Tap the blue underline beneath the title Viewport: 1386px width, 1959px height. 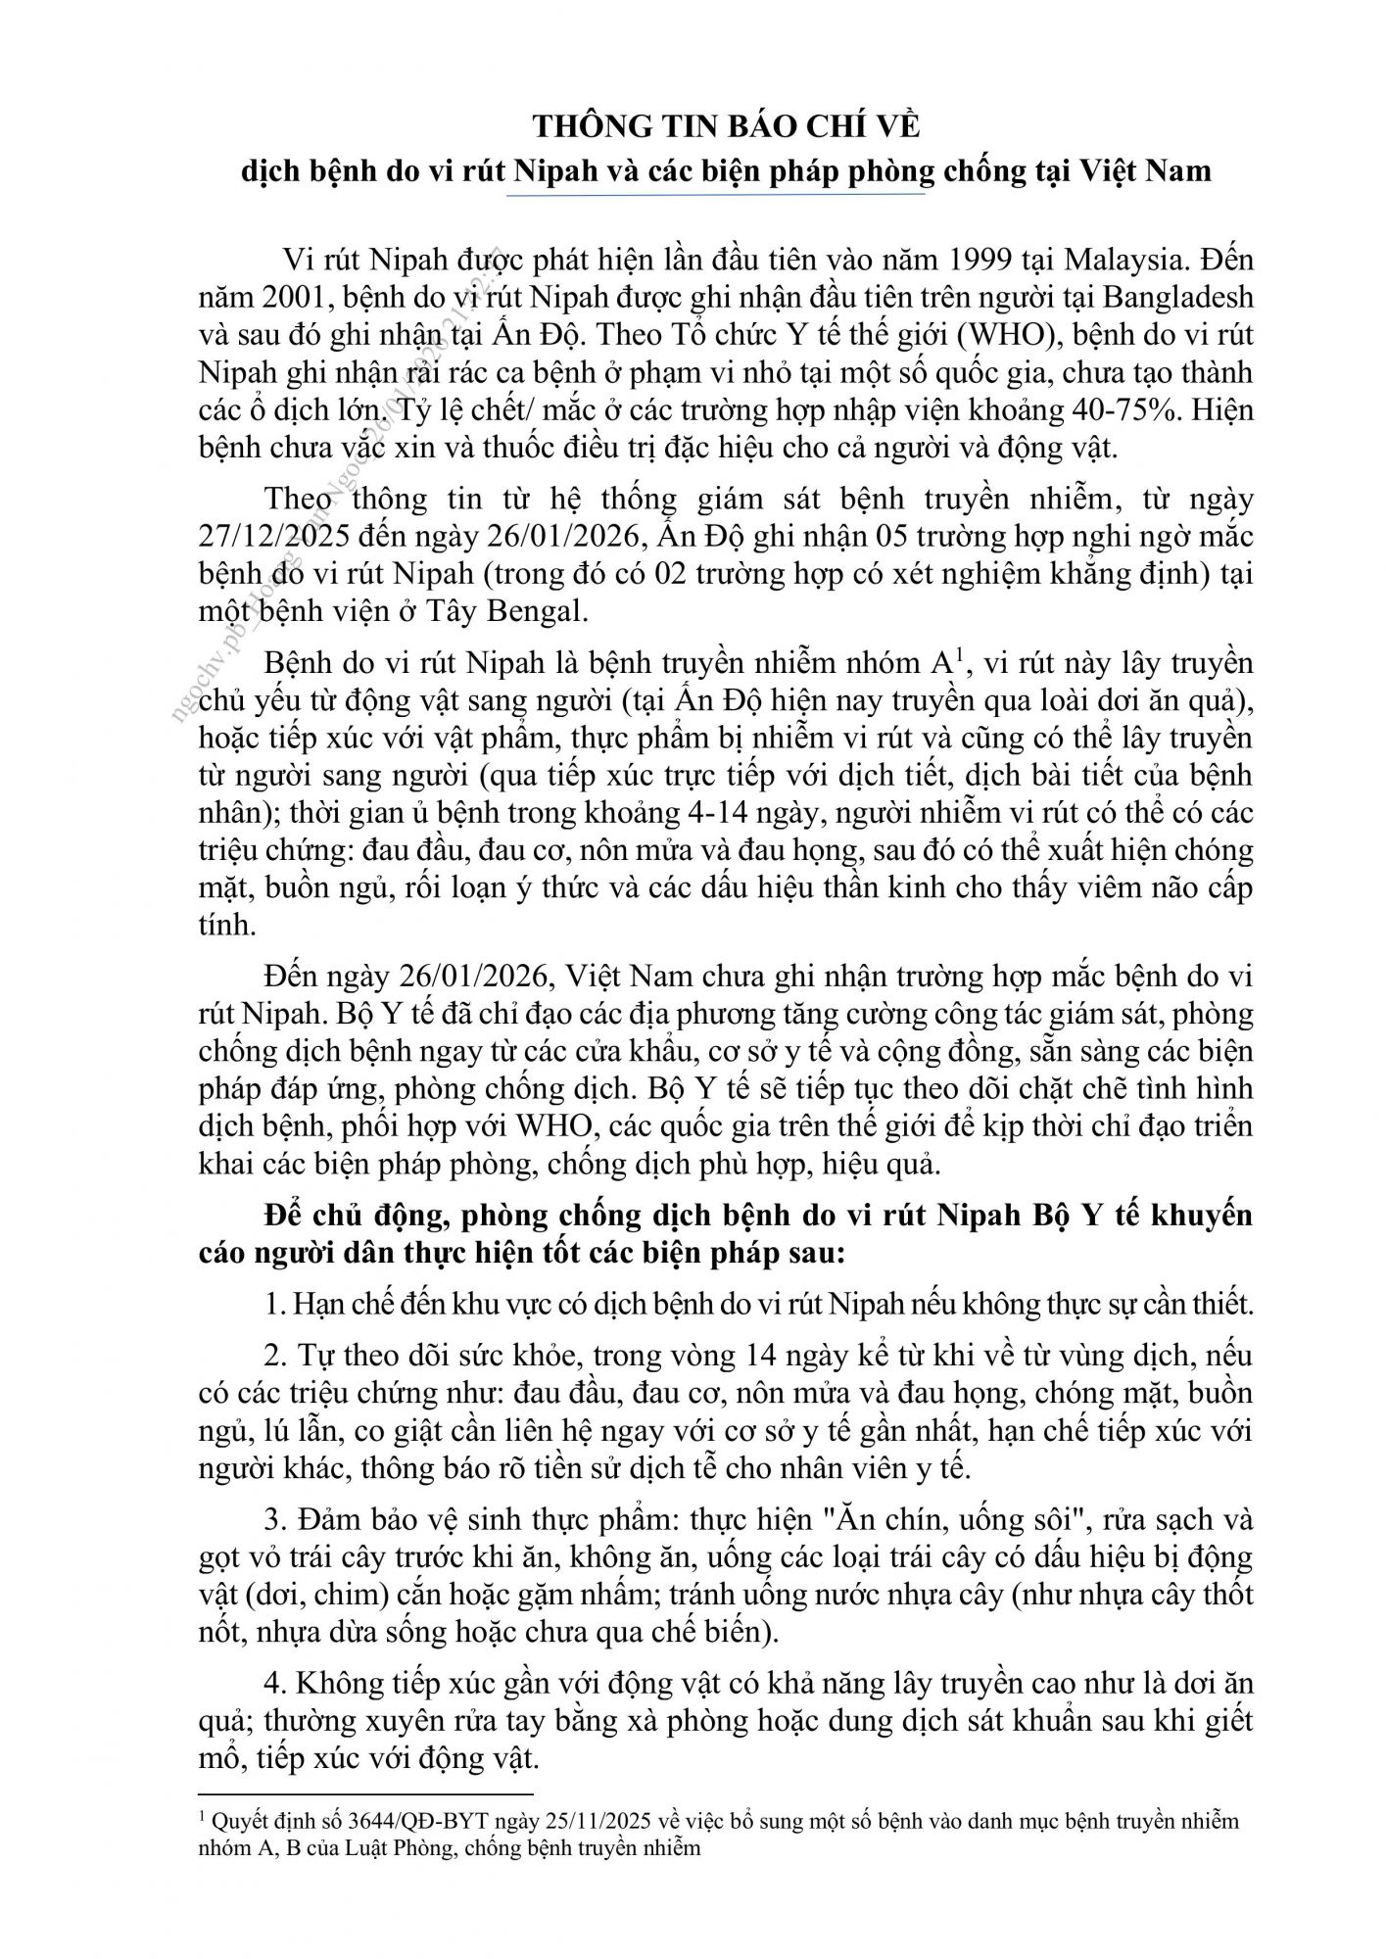[716, 195]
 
